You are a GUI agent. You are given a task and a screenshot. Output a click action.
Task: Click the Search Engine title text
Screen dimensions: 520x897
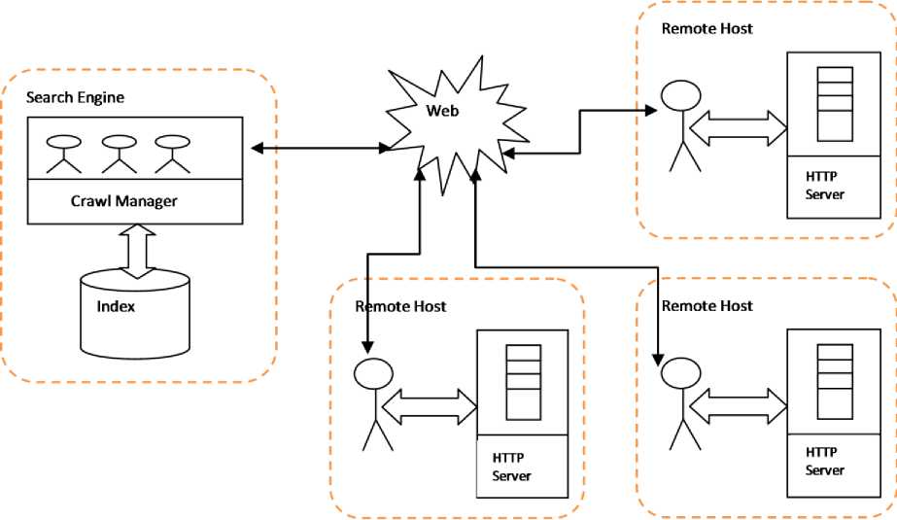[75, 97]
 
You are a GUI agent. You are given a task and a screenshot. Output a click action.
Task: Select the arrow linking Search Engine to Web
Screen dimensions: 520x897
[321, 148]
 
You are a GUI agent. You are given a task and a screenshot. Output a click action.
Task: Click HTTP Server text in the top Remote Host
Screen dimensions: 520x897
[824, 185]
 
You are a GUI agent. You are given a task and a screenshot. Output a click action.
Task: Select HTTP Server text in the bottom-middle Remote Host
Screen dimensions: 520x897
[513, 466]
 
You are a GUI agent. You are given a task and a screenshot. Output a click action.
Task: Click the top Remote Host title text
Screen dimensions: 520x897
[707, 28]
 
